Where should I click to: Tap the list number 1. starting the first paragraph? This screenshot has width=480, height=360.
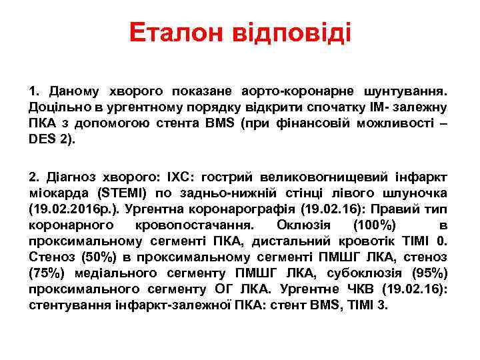coord(35,89)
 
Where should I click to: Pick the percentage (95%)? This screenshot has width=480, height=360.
coord(429,273)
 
